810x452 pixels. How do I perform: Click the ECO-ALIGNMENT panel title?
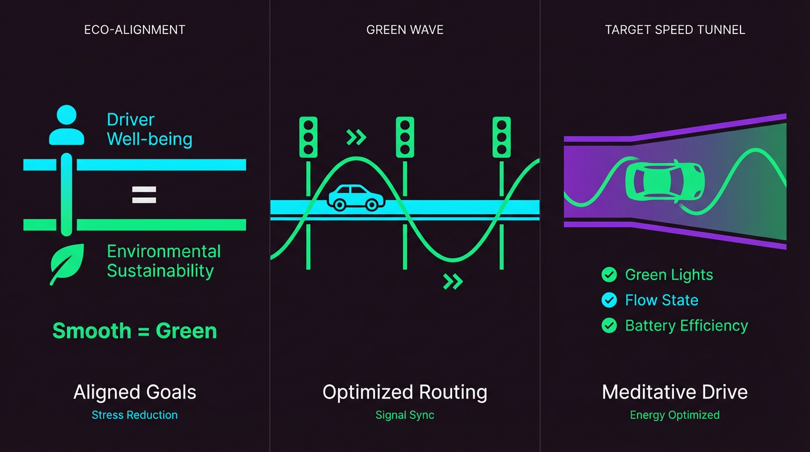click(x=135, y=29)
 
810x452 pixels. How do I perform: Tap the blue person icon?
click(x=67, y=125)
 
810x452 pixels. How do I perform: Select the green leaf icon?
click(x=67, y=264)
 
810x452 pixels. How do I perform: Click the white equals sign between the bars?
click(x=144, y=195)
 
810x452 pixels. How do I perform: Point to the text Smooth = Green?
click(x=135, y=331)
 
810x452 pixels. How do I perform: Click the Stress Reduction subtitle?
click(x=135, y=415)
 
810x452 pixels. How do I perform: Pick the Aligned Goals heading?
click(x=135, y=392)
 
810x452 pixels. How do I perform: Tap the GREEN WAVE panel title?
click(x=405, y=29)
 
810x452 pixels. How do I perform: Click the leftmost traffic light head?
click(x=308, y=137)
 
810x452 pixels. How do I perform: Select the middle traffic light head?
click(x=405, y=137)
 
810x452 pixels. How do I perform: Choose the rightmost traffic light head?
click(x=502, y=137)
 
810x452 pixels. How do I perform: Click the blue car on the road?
click(x=355, y=198)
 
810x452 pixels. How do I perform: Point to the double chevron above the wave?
click(x=356, y=138)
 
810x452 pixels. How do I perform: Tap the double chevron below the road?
click(x=453, y=281)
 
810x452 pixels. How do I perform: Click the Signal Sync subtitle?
click(x=405, y=415)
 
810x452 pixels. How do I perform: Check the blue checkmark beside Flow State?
click(x=609, y=300)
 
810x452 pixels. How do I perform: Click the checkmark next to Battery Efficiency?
click(x=609, y=325)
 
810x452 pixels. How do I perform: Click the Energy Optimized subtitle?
click(x=675, y=415)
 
